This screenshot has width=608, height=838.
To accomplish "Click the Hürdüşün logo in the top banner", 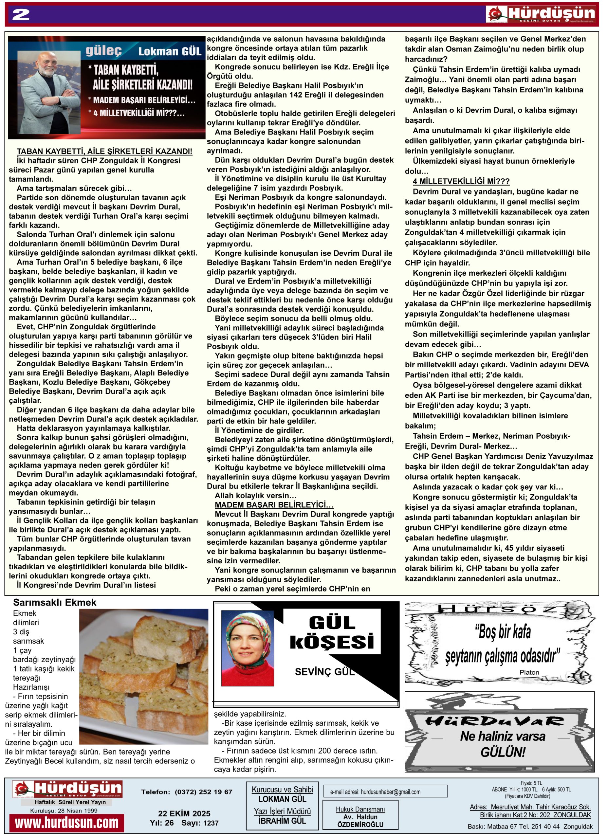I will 542,14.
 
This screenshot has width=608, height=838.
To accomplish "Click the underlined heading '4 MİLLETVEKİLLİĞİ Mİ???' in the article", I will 461,181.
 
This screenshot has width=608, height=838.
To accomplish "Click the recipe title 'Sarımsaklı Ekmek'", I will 55,603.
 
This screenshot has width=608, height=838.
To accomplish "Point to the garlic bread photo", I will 144,676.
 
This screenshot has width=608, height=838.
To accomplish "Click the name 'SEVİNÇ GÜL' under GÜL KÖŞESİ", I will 324,672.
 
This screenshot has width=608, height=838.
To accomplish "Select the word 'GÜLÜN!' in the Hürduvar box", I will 503,752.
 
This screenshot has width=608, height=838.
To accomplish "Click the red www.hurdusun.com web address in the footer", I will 67,823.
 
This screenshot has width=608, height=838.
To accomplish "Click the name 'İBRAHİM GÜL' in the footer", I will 282,821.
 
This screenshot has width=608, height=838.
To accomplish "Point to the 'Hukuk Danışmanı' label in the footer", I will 360,809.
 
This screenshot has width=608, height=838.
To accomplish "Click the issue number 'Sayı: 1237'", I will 200,823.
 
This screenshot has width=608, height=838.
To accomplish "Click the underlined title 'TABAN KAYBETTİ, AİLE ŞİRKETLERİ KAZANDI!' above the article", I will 104,151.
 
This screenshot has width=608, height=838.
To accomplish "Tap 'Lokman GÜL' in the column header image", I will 170,51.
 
